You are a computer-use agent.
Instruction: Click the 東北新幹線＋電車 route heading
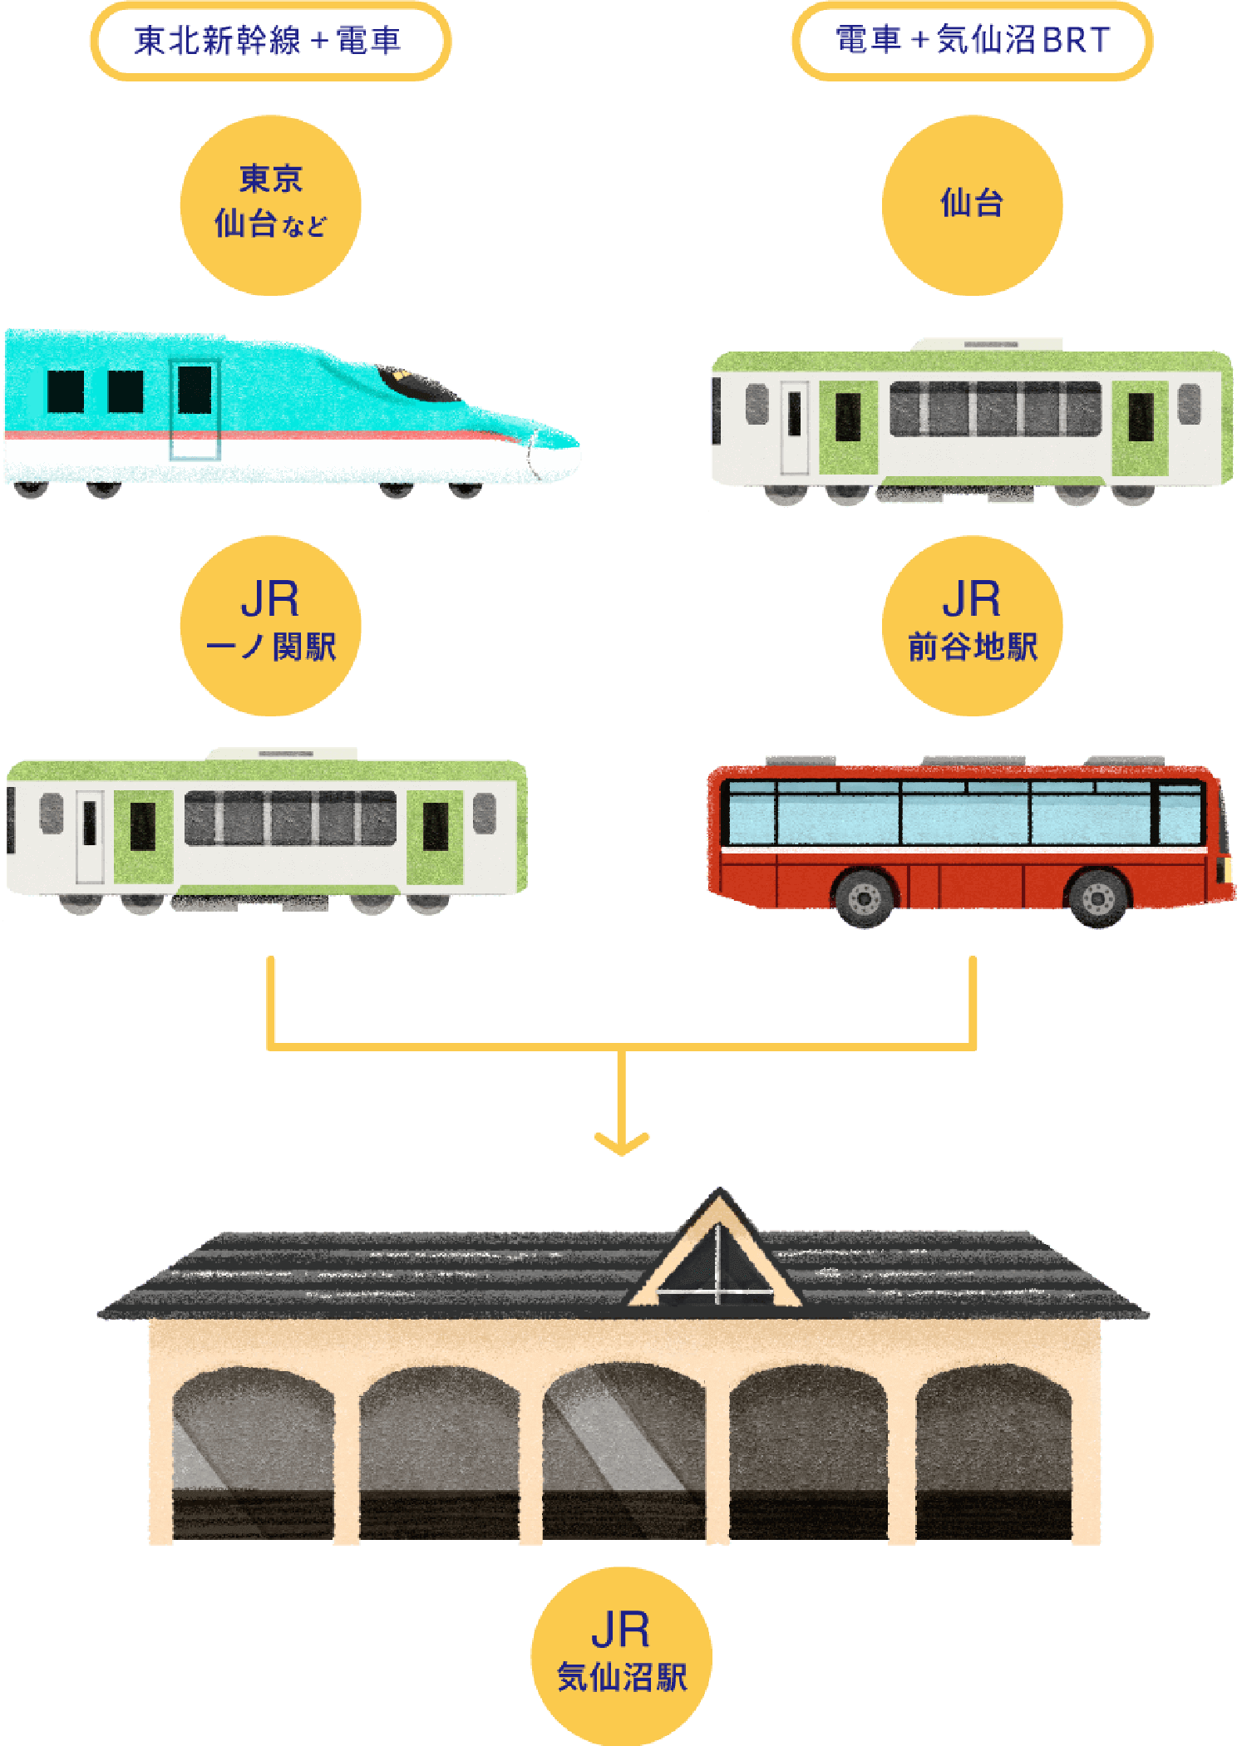[x=270, y=41]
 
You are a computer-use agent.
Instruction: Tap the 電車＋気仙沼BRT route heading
[x=972, y=41]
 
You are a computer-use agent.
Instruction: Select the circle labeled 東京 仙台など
[x=270, y=204]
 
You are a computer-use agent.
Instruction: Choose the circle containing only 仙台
[x=972, y=204]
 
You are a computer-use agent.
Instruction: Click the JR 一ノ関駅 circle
[x=270, y=625]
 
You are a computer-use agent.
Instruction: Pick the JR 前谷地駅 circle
[x=972, y=625]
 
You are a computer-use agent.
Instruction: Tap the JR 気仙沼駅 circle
[x=621, y=1655]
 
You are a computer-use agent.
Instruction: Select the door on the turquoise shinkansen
[x=195, y=410]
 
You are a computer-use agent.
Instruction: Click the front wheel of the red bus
[x=1097, y=898]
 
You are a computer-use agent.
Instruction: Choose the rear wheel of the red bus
[x=865, y=898]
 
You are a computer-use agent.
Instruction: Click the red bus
[x=969, y=839]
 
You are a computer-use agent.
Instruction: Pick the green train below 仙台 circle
[x=971, y=420]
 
